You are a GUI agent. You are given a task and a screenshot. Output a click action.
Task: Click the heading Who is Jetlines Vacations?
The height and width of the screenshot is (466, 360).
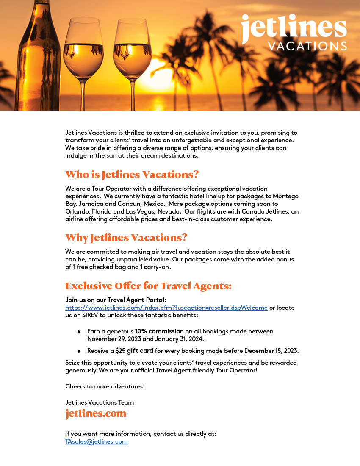132,175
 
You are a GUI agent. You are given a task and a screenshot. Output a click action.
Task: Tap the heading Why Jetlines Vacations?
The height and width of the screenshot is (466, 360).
126,238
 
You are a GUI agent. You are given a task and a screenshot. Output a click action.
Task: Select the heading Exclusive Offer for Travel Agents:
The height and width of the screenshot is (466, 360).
148,286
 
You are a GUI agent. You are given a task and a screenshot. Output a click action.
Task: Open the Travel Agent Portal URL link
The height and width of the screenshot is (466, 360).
166,308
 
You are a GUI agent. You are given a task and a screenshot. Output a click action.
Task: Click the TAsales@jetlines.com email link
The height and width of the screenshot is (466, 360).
97,441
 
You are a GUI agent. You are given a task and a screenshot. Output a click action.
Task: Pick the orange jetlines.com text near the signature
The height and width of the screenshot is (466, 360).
96,413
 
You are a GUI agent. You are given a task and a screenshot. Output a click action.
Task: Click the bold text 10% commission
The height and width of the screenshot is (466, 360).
159,331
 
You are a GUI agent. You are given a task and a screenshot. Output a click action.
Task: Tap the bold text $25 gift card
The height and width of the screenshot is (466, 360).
134,351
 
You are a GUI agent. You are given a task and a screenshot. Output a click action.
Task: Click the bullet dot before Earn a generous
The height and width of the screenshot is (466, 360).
79,332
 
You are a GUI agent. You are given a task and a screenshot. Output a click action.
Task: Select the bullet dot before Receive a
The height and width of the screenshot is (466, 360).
79,351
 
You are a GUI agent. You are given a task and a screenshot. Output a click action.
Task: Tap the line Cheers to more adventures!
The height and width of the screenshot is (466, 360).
105,386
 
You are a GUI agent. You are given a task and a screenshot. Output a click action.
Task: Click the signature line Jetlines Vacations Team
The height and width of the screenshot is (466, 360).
100,402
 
